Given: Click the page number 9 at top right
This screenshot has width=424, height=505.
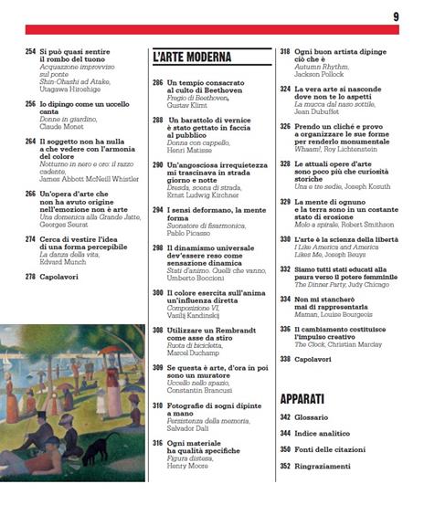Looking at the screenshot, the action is coord(396,16).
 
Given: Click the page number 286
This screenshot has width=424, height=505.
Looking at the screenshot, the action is coord(157,82).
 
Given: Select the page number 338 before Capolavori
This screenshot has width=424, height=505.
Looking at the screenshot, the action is coord(285,360).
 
